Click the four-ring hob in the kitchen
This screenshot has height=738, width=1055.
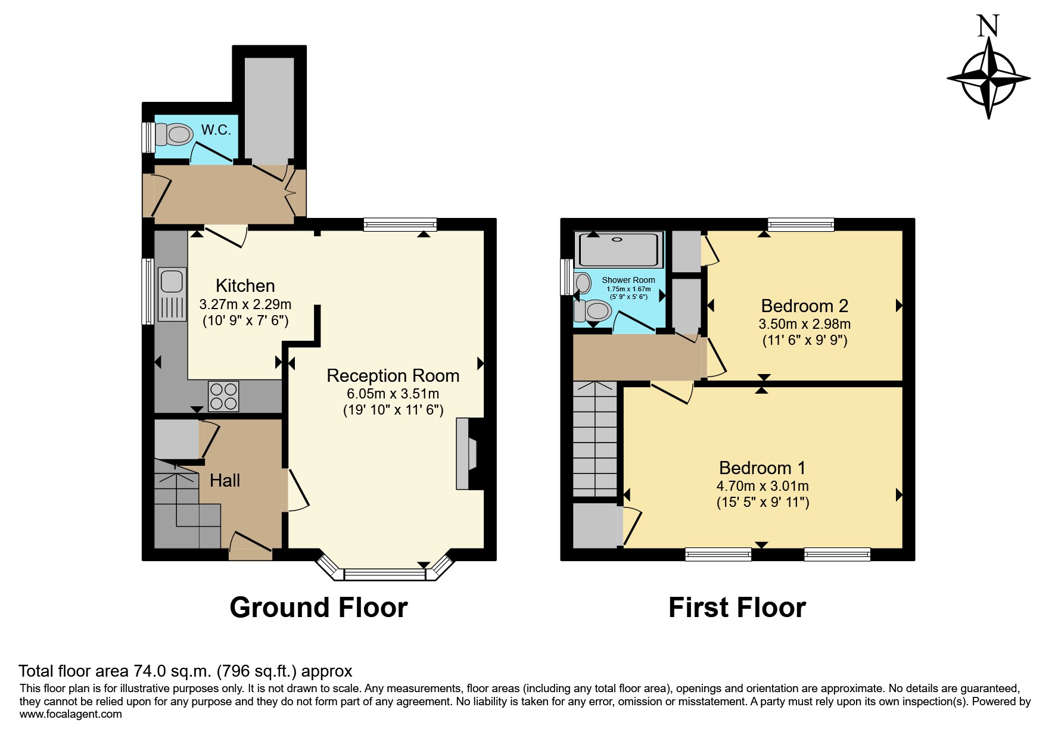[223, 396]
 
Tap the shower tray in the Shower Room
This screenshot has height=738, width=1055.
[620, 249]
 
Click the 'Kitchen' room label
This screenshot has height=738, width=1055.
[245, 286]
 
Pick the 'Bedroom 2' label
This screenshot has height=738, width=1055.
[804, 306]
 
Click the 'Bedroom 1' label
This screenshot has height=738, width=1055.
[763, 468]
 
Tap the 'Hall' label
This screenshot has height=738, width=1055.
[225, 481]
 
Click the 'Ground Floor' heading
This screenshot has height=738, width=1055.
[319, 608]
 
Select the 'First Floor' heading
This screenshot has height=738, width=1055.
[737, 608]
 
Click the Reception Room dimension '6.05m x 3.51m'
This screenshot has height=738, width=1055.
[393, 394]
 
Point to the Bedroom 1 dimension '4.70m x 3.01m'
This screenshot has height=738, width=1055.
[763, 487]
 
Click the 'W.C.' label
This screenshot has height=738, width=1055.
[216, 130]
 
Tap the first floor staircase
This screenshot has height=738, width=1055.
[595, 439]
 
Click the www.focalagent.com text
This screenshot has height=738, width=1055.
[71, 714]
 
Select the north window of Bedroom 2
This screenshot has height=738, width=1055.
[801, 225]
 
